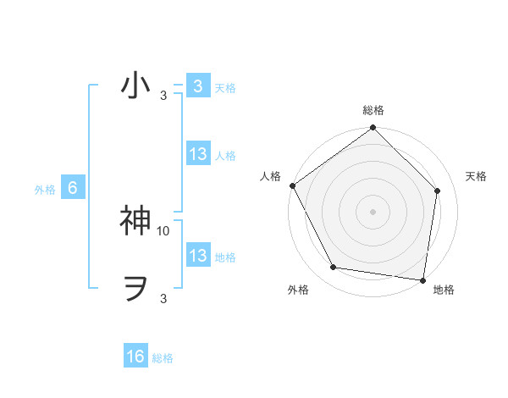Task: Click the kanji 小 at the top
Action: coord(136,86)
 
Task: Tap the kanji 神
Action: coord(136,220)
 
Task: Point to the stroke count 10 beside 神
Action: coord(163,230)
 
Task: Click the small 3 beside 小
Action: coord(163,96)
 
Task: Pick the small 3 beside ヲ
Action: coord(163,298)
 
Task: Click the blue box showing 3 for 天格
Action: coord(197,86)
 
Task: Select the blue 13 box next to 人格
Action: coord(197,154)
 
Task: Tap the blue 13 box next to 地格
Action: coord(197,256)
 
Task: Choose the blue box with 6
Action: coord(73,188)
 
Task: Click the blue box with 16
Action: coord(135,357)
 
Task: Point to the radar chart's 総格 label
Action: coord(373,111)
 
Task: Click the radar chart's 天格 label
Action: coord(477,176)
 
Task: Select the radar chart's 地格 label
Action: coord(444,290)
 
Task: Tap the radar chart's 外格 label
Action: coord(298,290)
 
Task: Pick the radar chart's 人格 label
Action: coord(270,176)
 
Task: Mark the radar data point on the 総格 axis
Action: coord(373,129)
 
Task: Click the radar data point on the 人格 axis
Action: coord(293,185)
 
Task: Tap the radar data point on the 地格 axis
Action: coord(422,280)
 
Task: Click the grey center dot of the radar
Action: coord(373,212)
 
